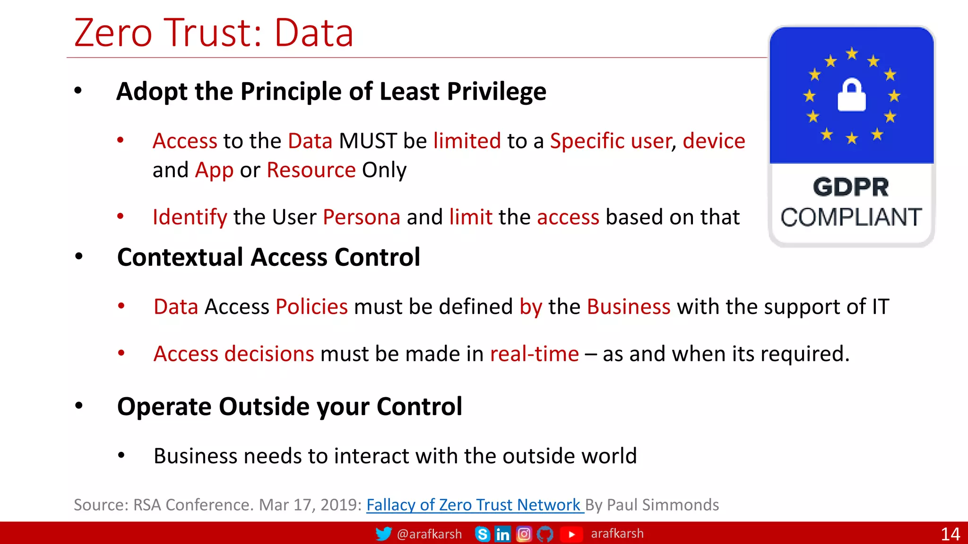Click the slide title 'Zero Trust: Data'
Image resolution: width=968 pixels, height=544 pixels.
pyautogui.click(x=214, y=33)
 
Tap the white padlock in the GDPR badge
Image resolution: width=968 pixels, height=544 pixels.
pyautogui.click(x=851, y=95)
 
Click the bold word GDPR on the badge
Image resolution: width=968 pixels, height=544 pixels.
pyautogui.click(x=851, y=187)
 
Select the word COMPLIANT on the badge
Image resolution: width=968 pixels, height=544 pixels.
pyautogui.click(x=851, y=218)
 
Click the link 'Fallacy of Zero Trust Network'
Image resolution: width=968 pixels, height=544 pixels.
pyautogui.click(x=474, y=505)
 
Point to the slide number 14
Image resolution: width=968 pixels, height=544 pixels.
pyautogui.click(x=950, y=534)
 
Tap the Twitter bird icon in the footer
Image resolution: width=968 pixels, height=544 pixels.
pyautogui.click(x=383, y=534)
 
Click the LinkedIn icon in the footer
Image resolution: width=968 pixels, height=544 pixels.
pyautogui.click(x=502, y=534)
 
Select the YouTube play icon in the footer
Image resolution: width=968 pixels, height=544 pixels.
pyautogui.click(x=571, y=534)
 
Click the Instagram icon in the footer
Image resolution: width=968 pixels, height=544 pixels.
pyautogui.click(x=524, y=534)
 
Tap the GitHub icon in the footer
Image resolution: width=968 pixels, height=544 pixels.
pyautogui.click(x=545, y=534)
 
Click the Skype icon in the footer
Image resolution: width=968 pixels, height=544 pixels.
pyautogui.click(x=482, y=534)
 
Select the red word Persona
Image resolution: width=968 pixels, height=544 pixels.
pyautogui.click(x=362, y=217)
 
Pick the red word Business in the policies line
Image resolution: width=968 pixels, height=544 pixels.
pyautogui.click(x=628, y=307)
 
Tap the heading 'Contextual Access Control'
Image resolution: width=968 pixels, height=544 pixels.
pyautogui.click(x=268, y=257)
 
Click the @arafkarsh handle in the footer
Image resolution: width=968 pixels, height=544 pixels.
pyautogui.click(x=429, y=534)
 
